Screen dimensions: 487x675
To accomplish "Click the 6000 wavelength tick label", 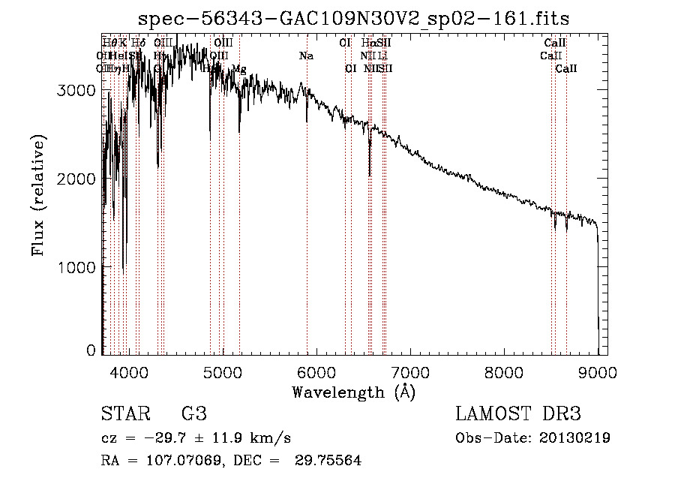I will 316,371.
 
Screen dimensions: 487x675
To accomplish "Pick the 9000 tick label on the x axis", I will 598,371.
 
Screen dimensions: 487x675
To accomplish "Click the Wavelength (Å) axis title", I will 353,392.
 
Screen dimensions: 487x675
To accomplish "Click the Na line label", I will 306,56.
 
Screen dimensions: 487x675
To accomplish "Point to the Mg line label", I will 238,69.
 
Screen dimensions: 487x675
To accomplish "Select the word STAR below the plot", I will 126,414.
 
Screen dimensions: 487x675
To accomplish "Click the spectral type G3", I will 193,414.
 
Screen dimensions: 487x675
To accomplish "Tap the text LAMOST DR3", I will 518,414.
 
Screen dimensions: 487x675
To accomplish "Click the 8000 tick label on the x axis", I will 504,371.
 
